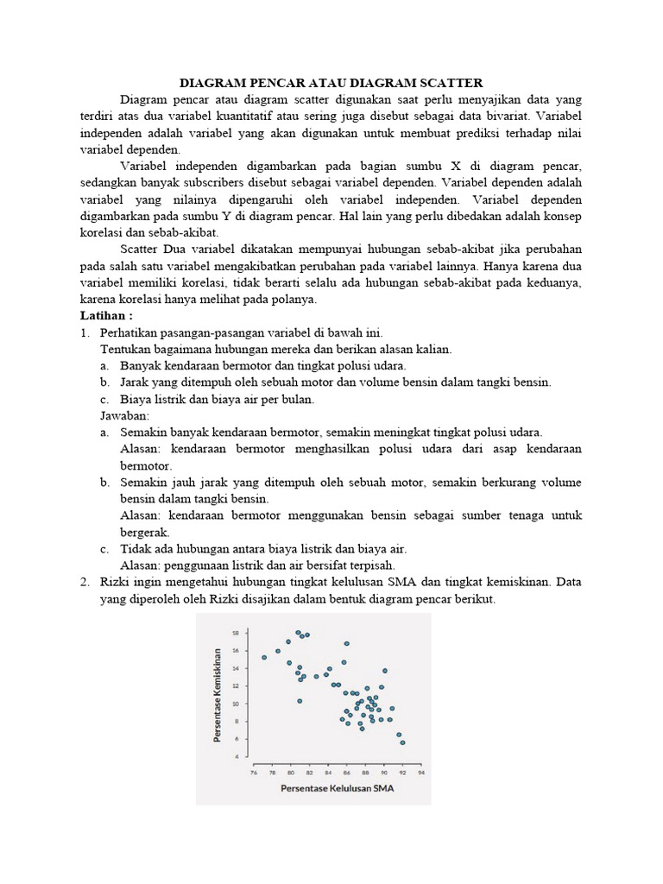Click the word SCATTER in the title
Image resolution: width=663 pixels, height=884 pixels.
447,83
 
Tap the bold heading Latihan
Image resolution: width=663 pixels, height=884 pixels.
107,316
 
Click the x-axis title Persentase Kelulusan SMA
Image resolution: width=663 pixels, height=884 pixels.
337,788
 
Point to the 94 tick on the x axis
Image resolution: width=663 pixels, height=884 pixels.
420,773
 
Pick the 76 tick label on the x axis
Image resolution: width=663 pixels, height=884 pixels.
254,773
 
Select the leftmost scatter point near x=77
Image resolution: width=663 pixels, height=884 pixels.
264,657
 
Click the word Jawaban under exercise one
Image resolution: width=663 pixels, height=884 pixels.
125,415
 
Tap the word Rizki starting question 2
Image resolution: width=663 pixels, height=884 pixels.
120,583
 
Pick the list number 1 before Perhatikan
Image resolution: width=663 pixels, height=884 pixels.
85,332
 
